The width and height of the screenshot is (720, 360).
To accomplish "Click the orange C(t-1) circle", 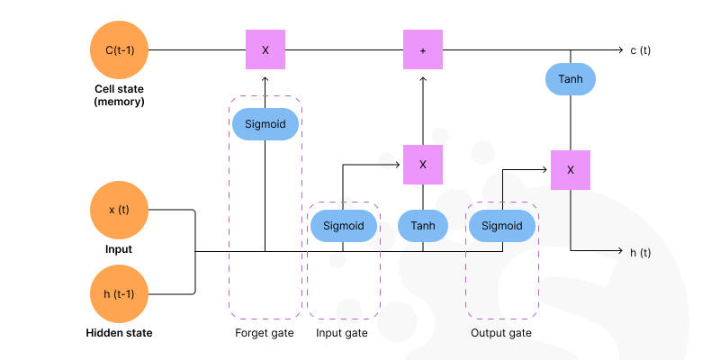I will coord(120,49).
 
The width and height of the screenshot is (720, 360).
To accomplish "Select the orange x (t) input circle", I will coord(120,210).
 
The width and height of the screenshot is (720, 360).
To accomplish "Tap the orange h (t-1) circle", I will coord(120,294).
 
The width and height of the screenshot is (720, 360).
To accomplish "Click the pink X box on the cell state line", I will coord(265,49).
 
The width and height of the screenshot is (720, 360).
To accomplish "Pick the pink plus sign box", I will coord(423,49).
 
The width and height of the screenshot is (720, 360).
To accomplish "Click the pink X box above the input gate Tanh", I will coord(423,165).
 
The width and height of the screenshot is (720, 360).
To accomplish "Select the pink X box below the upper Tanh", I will coord(571,169).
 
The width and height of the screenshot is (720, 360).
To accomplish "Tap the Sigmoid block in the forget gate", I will coord(265,124).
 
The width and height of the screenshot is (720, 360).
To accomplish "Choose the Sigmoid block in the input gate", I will coord(343,227).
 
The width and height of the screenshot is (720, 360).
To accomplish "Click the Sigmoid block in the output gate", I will coord(502,227).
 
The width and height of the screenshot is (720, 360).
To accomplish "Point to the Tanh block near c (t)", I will coord(571,79).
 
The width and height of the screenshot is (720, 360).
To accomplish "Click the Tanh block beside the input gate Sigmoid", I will coord(423,227).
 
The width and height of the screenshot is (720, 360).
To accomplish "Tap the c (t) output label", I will coord(640,50).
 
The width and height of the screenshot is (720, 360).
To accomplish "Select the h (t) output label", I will coord(640,253).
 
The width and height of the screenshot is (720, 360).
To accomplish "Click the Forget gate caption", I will coord(265,334).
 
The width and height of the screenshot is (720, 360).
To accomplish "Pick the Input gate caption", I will coord(342,334).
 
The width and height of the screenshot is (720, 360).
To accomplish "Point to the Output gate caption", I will coord(501,334).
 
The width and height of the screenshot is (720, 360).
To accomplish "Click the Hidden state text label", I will coord(119,333).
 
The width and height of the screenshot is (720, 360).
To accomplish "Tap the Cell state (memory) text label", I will coord(120,95).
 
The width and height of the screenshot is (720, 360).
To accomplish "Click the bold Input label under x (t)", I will coord(119,248).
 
